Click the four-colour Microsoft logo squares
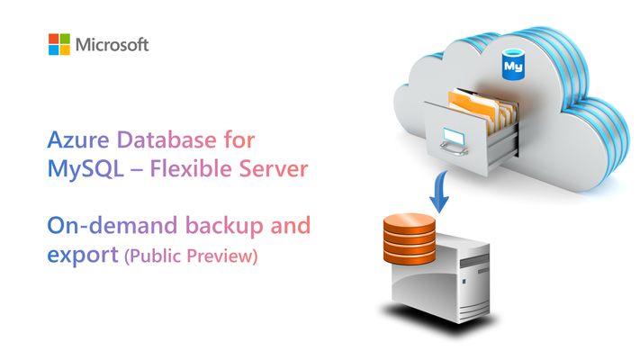(59, 44)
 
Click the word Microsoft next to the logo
(112, 44)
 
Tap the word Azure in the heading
(78, 139)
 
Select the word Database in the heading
(167, 139)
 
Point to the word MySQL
(86, 169)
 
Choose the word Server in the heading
(274, 168)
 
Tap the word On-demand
(113, 225)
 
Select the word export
(83, 255)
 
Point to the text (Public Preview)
(191, 256)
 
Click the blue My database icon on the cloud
(513, 65)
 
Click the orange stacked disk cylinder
(410, 238)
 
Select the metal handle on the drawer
(453, 148)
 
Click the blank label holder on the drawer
(454, 136)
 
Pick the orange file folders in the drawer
(482, 108)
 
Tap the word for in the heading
(239, 139)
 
